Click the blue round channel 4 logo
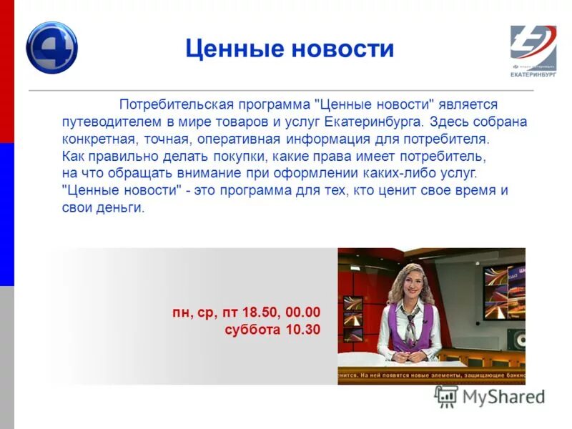51,48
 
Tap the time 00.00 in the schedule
303,312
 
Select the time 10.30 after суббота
303,330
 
